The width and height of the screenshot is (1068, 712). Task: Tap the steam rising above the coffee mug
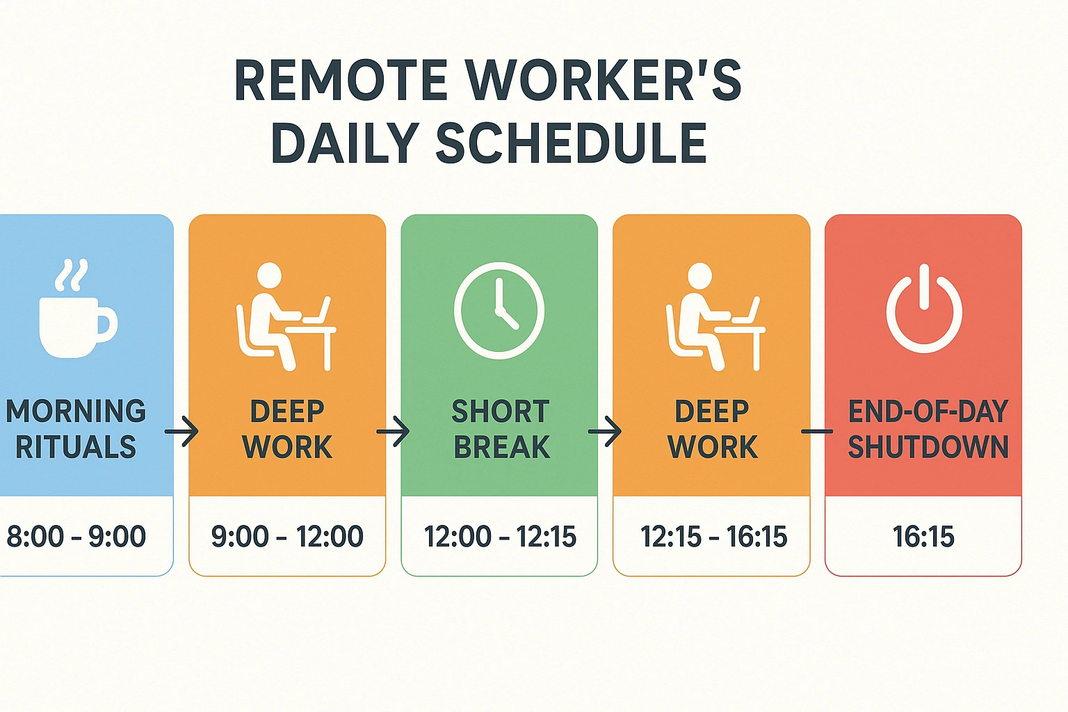tap(72, 275)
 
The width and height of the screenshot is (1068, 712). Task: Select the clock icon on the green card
tap(499, 310)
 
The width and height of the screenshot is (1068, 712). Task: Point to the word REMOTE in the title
tap(341, 81)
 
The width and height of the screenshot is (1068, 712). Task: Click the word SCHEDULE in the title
tap(571, 144)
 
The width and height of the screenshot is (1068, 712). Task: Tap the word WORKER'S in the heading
tap(603, 81)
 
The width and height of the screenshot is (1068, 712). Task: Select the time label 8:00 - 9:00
tap(76, 537)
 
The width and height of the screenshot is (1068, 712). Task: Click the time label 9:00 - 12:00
tap(287, 537)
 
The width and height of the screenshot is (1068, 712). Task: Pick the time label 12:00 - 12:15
tap(500, 537)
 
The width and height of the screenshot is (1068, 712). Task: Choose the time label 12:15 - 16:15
tap(713, 537)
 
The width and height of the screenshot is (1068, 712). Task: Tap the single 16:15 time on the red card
tap(923, 537)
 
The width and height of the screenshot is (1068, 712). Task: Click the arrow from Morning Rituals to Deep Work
tap(181, 432)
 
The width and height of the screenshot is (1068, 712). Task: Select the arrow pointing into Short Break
tap(393, 432)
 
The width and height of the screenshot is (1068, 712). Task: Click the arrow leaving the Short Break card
tap(605, 432)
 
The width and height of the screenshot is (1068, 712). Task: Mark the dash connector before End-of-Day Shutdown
tap(817, 432)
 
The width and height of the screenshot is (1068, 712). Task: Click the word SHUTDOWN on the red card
tap(928, 447)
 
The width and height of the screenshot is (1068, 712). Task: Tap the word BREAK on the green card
tap(501, 447)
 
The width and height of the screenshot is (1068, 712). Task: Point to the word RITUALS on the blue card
tap(76, 447)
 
